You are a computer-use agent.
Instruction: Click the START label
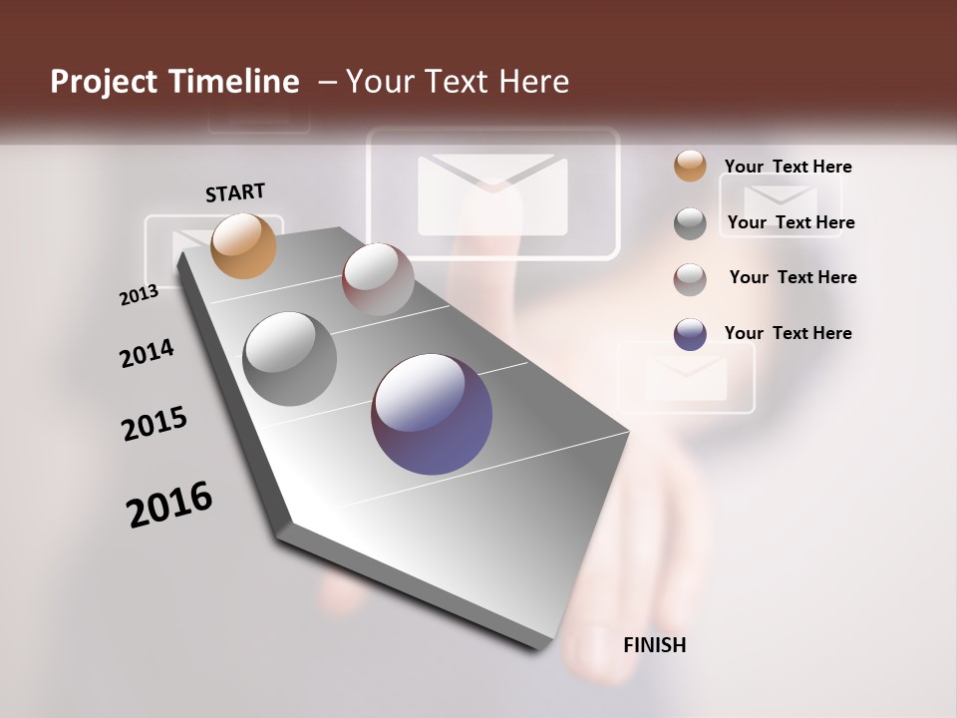coord(235,192)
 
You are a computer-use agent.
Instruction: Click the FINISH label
coord(654,645)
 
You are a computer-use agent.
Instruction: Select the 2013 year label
coord(139,295)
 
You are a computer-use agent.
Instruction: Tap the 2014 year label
coord(147,353)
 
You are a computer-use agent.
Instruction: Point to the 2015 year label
coord(155,424)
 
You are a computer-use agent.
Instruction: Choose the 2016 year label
coord(169,504)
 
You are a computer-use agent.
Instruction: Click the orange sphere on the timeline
coord(244,245)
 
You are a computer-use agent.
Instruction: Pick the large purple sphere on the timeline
coord(432,413)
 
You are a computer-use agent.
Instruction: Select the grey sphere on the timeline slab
coord(290,358)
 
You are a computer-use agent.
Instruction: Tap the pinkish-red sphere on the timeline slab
coord(378,279)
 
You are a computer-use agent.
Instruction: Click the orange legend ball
coord(690,167)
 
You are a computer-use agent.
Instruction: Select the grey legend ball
coord(690,223)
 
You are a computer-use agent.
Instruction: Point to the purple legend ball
coord(690,334)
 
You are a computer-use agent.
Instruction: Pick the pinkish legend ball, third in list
coord(690,279)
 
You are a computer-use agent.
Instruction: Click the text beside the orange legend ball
coord(788,167)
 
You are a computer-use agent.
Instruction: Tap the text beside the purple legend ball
coord(788,333)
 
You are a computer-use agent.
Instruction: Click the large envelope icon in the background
coord(492,194)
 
